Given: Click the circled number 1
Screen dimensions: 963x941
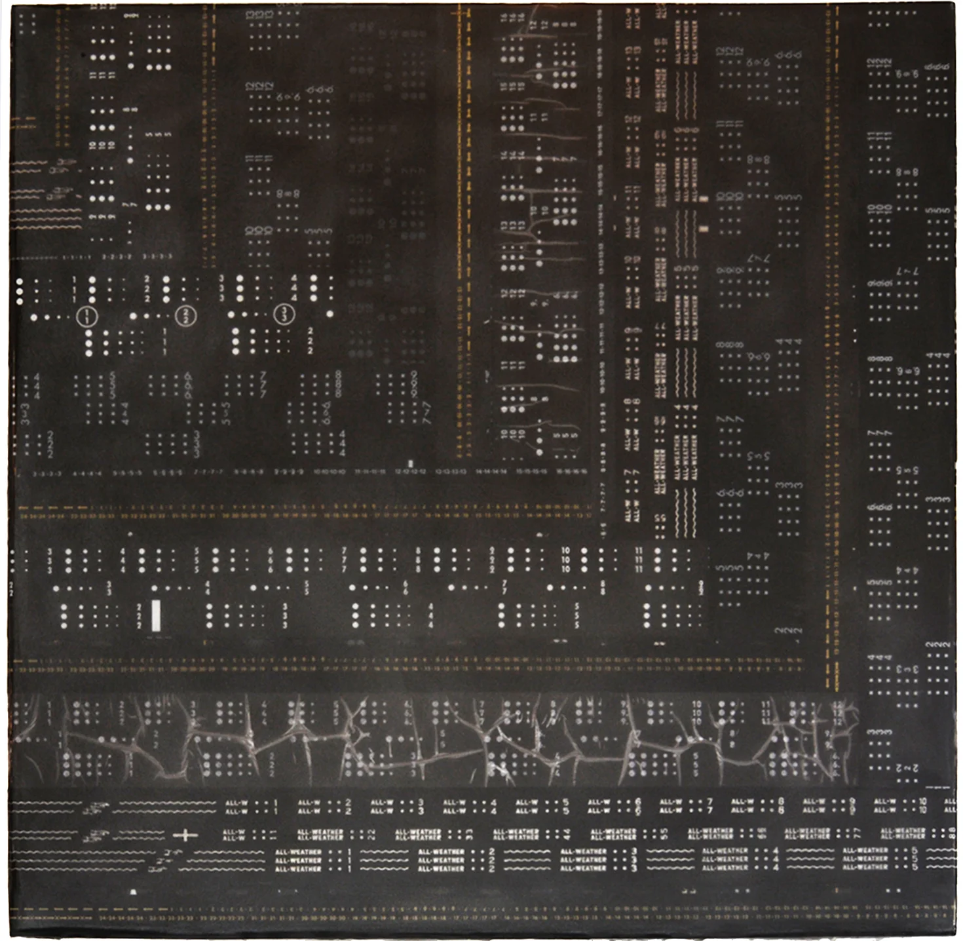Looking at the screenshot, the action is tap(86, 317).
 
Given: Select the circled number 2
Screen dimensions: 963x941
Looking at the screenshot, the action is tap(185, 315).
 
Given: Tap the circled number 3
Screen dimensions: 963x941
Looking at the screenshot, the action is tap(284, 314).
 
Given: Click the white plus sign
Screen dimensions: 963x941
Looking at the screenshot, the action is tap(185, 835).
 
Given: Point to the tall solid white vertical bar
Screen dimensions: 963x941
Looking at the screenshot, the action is tap(156, 616).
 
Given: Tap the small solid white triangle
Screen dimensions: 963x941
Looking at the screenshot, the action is tap(134, 891).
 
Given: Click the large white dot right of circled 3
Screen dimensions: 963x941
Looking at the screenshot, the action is tap(330, 314).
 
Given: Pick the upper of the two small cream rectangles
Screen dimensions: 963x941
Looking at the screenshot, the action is tap(704, 199).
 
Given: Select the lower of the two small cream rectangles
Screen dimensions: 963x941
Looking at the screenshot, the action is tap(704, 229).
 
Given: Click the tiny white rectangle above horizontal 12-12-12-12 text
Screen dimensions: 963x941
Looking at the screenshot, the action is tap(410, 463).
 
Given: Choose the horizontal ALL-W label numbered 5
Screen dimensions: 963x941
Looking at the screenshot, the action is tap(525, 806).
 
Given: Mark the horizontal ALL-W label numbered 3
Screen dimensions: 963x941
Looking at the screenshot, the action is tap(381, 806).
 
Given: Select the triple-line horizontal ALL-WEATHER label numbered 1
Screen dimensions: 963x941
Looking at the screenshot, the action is tap(298, 860).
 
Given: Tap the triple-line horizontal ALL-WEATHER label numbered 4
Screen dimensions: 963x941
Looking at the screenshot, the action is tap(725, 859).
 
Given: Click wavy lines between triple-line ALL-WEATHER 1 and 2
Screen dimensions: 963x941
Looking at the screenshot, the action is tap(384, 860).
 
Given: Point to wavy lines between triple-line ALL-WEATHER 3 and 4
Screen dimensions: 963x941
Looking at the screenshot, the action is tap(670, 859).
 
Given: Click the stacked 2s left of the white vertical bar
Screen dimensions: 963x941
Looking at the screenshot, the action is tap(139, 617).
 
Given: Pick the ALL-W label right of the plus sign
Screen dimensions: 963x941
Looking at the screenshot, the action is tap(234, 835).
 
